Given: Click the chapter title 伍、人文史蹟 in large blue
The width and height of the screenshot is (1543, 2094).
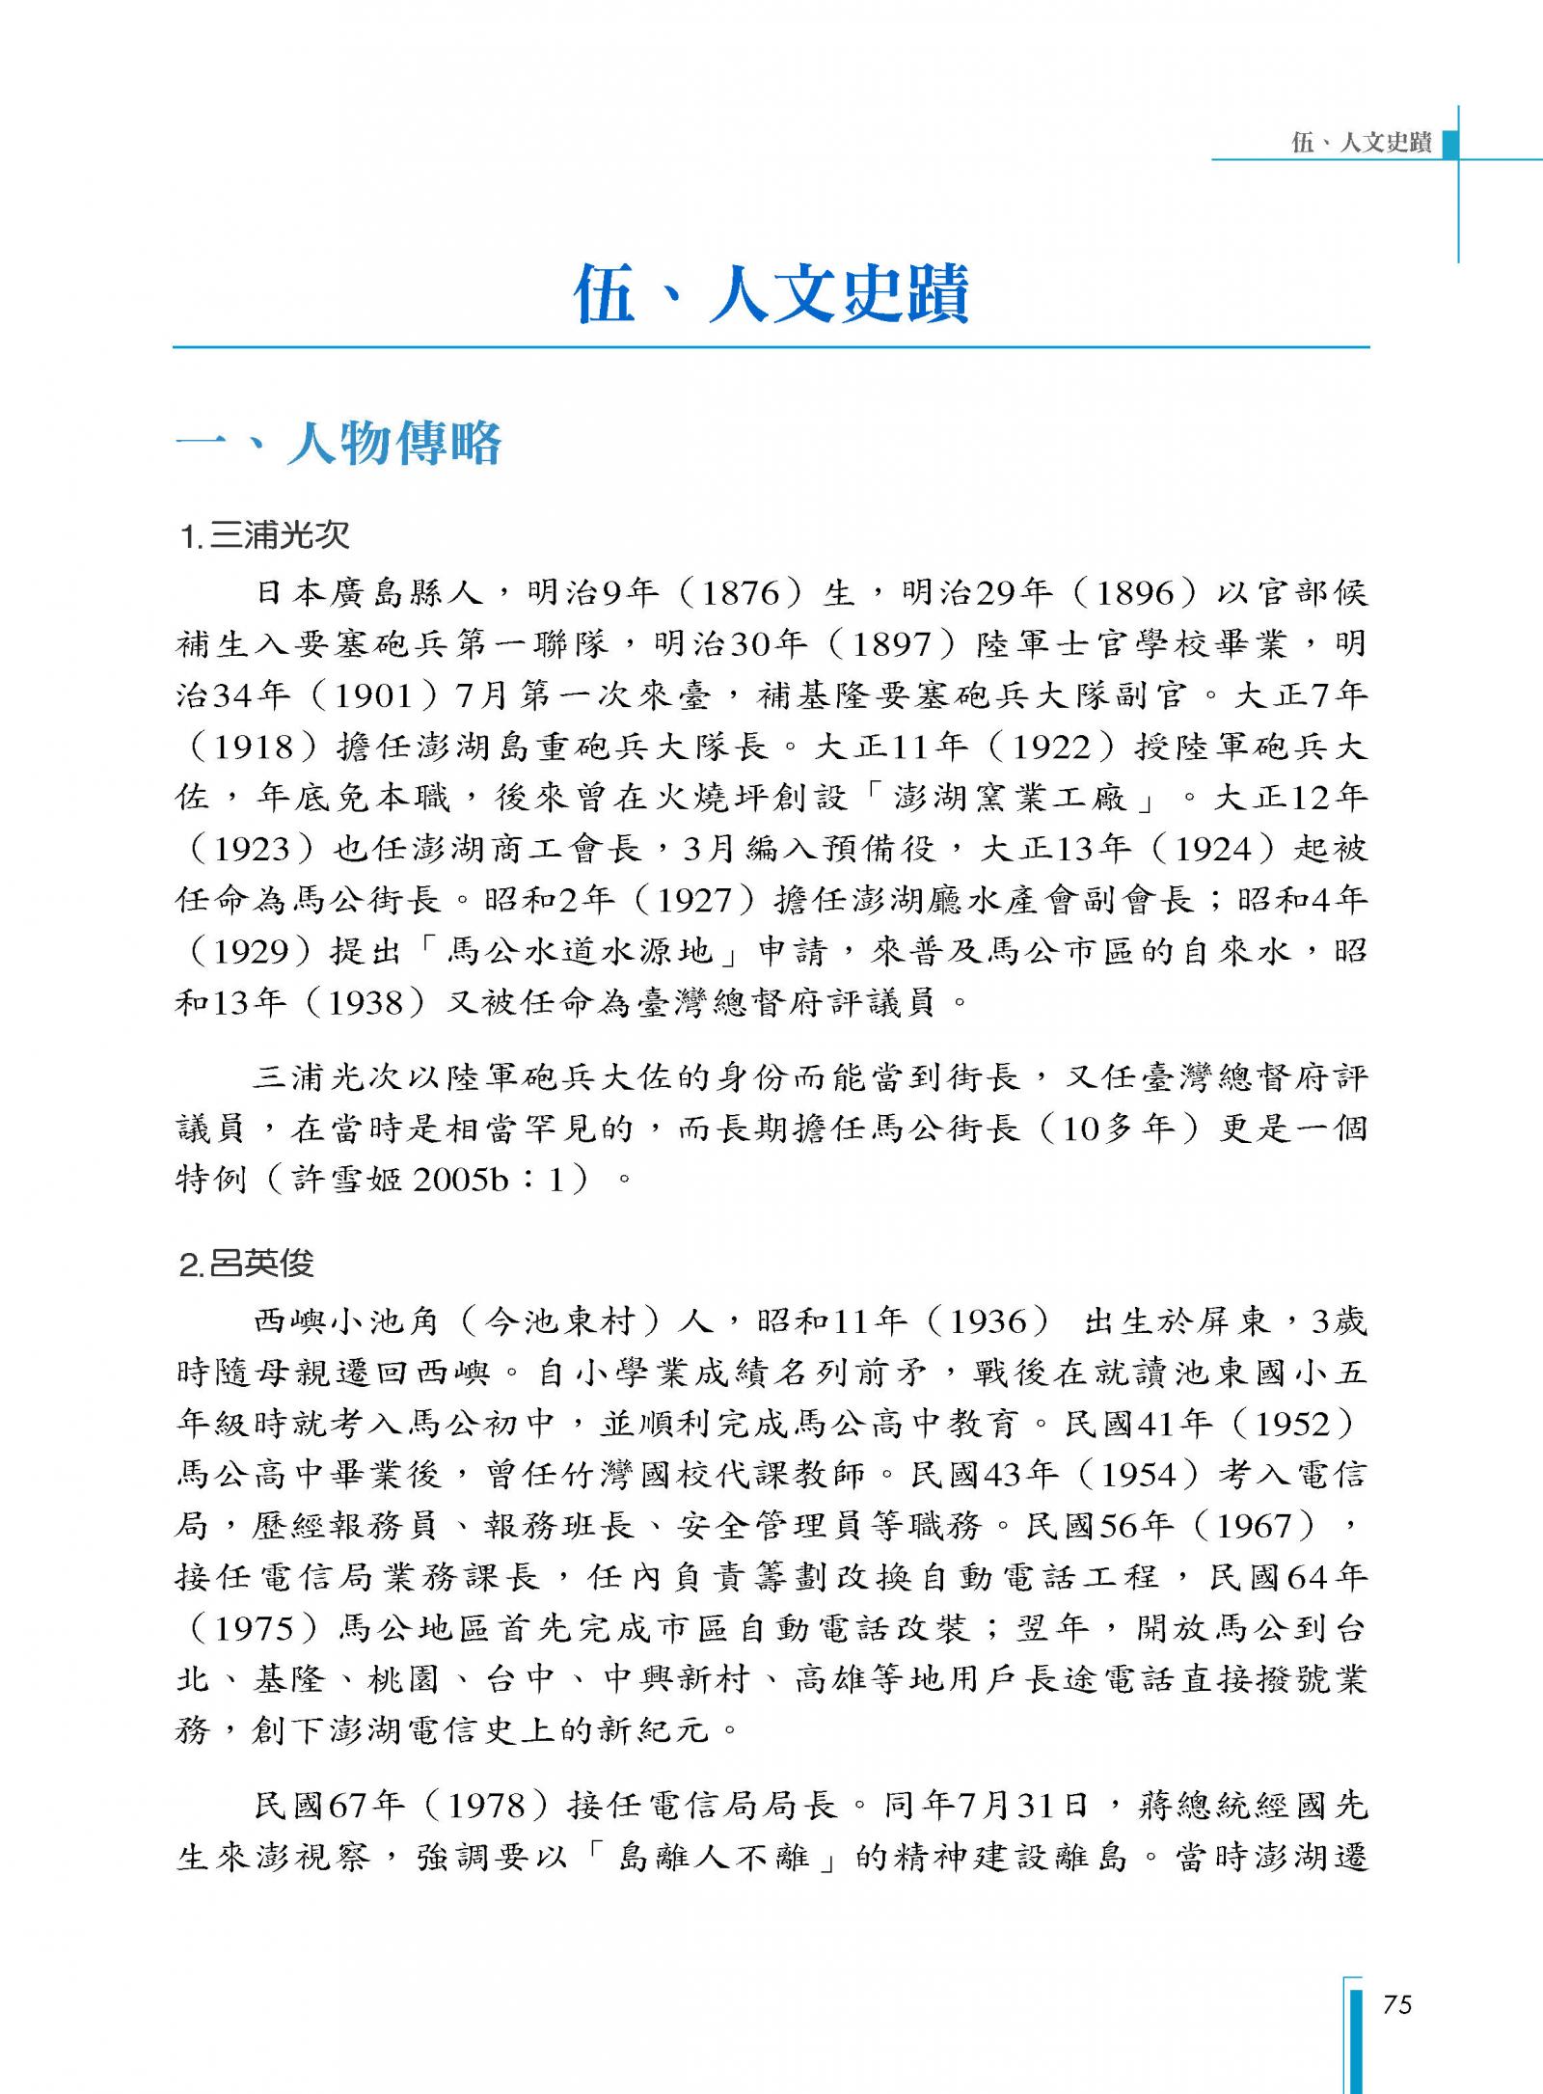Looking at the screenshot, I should pyautogui.click(x=771, y=294).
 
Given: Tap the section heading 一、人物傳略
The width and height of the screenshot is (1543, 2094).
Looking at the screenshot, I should pyautogui.click(x=338, y=445).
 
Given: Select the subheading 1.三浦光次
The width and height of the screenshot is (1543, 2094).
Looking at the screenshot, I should pyautogui.click(x=265, y=535).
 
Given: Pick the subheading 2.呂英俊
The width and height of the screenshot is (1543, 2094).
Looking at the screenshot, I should pyautogui.click(x=248, y=1264).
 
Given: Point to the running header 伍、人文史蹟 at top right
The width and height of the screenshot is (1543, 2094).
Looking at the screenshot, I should pyautogui.click(x=1361, y=144).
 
